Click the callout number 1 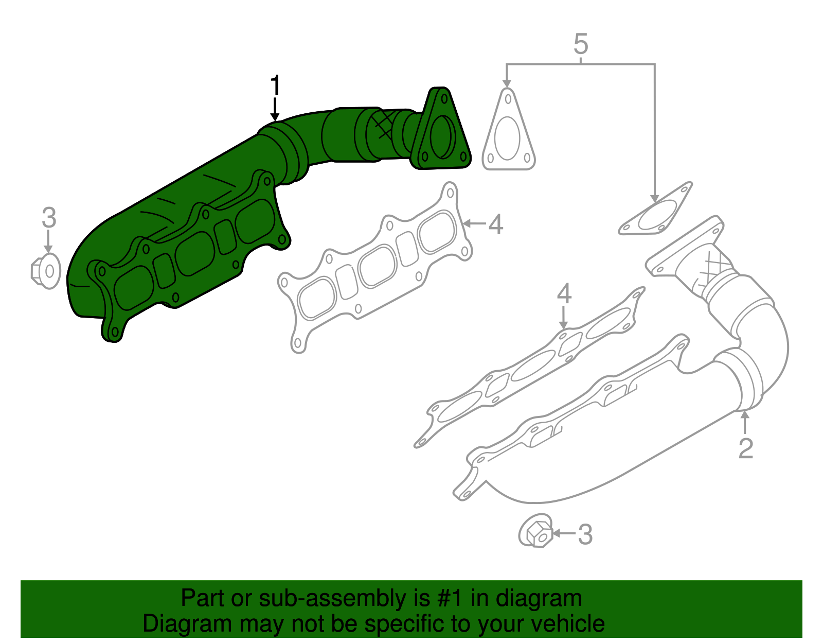coord(276,85)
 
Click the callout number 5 coord(580,44)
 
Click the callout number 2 coord(745,448)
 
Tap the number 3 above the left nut coord(48,218)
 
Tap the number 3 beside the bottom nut coord(585,535)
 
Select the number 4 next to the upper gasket coord(495,225)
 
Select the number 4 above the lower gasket coord(564,294)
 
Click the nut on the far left coord(46,270)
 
